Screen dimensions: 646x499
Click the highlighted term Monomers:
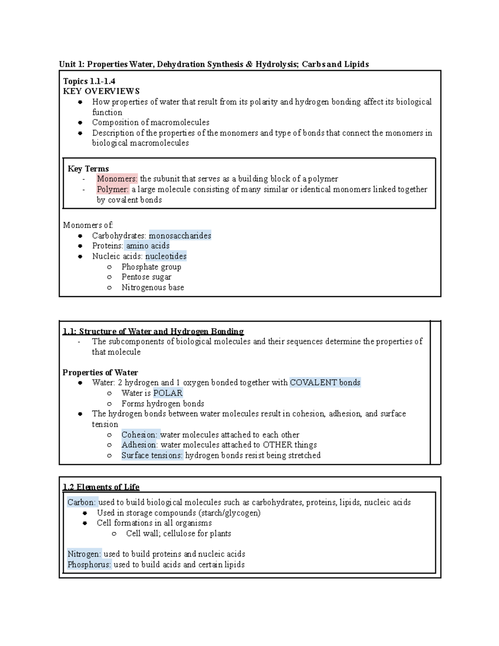tap(117, 179)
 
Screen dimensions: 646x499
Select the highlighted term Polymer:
tap(113, 189)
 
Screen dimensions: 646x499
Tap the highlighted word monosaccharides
tap(180, 235)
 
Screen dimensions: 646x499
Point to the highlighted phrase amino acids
tap(148, 246)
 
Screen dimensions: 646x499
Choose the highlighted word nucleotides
tap(166, 256)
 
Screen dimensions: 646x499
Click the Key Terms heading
tap(88, 168)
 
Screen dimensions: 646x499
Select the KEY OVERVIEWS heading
tap(101, 91)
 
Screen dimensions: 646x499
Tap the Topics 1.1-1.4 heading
tap(89, 81)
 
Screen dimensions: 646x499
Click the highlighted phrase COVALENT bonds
tap(325, 383)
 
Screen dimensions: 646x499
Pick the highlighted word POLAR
tap(168, 393)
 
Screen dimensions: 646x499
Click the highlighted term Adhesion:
tap(140, 445)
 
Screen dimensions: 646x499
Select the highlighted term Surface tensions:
tap(152, 455)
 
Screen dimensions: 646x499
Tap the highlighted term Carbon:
tap(82, 502)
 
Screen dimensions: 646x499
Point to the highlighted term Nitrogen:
tap(84, 554)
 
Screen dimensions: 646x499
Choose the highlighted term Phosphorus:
tap(89, 564)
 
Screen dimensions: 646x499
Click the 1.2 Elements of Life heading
tap(101, 487)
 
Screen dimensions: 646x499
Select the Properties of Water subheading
tap(100, 372)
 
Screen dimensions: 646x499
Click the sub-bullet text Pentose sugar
tap(146, 277)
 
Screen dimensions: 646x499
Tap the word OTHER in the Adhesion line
tap(277, 445)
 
